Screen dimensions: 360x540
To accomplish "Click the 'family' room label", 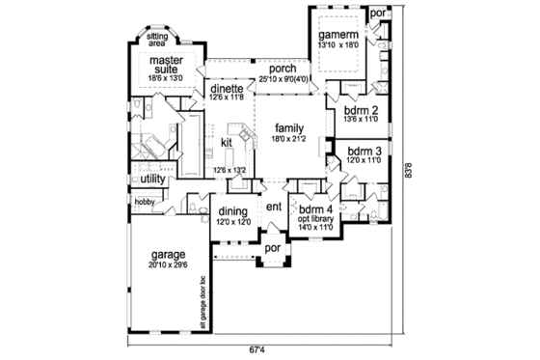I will coord(288,127).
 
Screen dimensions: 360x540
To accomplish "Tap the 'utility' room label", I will coord(153,180).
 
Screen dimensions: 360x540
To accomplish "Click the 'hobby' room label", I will coord(145,201).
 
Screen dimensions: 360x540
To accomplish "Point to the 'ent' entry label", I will coord(273,208).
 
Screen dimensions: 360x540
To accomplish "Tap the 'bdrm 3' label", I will coord(364,152).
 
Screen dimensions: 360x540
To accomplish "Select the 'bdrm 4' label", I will coord(316,209).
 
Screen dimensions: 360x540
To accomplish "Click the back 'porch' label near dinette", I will coord(282,69).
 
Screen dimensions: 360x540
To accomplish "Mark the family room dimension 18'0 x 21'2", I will coord(288,139).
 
